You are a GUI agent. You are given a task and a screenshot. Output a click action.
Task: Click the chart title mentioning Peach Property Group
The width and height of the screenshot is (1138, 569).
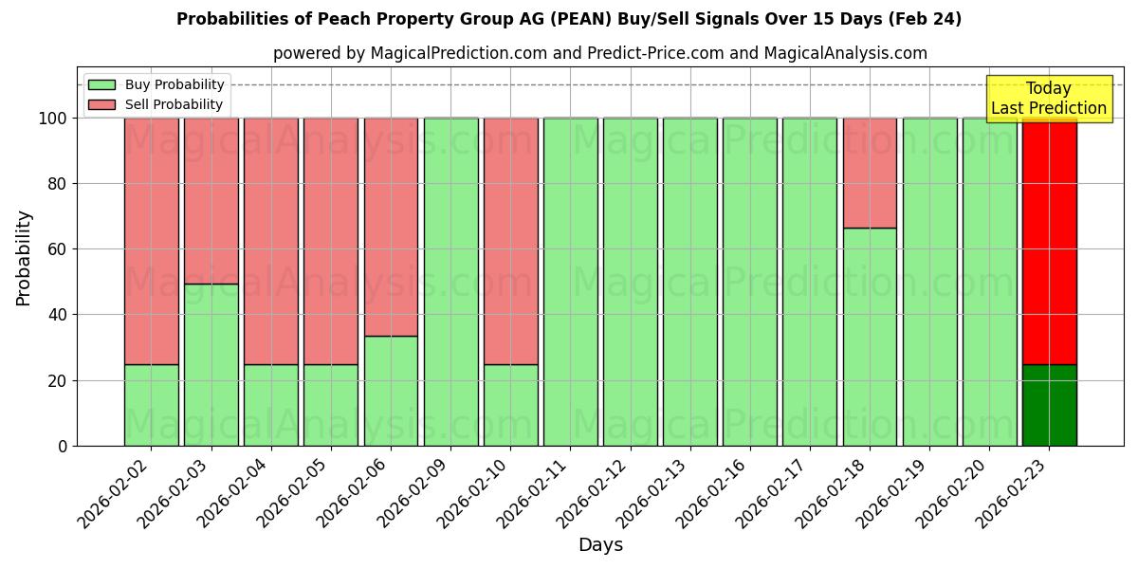pos(569,19)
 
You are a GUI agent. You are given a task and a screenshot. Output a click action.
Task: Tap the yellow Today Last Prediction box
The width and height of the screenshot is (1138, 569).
pos(1048,99)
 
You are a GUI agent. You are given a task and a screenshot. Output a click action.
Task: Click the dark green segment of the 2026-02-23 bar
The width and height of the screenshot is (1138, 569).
pos(1049,405)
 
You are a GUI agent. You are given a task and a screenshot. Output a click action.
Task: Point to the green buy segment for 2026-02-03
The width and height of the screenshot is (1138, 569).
pos(211,364)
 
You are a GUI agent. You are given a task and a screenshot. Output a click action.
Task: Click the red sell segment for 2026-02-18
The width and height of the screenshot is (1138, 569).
pos(870,173)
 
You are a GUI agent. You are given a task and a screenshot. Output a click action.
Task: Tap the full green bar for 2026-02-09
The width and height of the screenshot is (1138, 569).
pos(450,282)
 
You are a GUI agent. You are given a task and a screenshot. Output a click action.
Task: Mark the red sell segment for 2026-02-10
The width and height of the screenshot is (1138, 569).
pos(510,241)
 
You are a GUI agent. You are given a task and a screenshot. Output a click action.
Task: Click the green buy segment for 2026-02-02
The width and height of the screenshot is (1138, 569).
pos(151,405)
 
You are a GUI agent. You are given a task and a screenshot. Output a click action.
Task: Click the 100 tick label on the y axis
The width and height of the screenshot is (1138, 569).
pos(53,119)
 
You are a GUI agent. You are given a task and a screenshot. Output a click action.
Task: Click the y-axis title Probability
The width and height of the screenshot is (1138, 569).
pos(24,257)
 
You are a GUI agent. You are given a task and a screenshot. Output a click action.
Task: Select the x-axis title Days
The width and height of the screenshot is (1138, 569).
pos(600,545)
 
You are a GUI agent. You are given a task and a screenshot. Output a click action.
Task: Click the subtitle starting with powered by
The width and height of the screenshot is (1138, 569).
pos(599,53)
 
